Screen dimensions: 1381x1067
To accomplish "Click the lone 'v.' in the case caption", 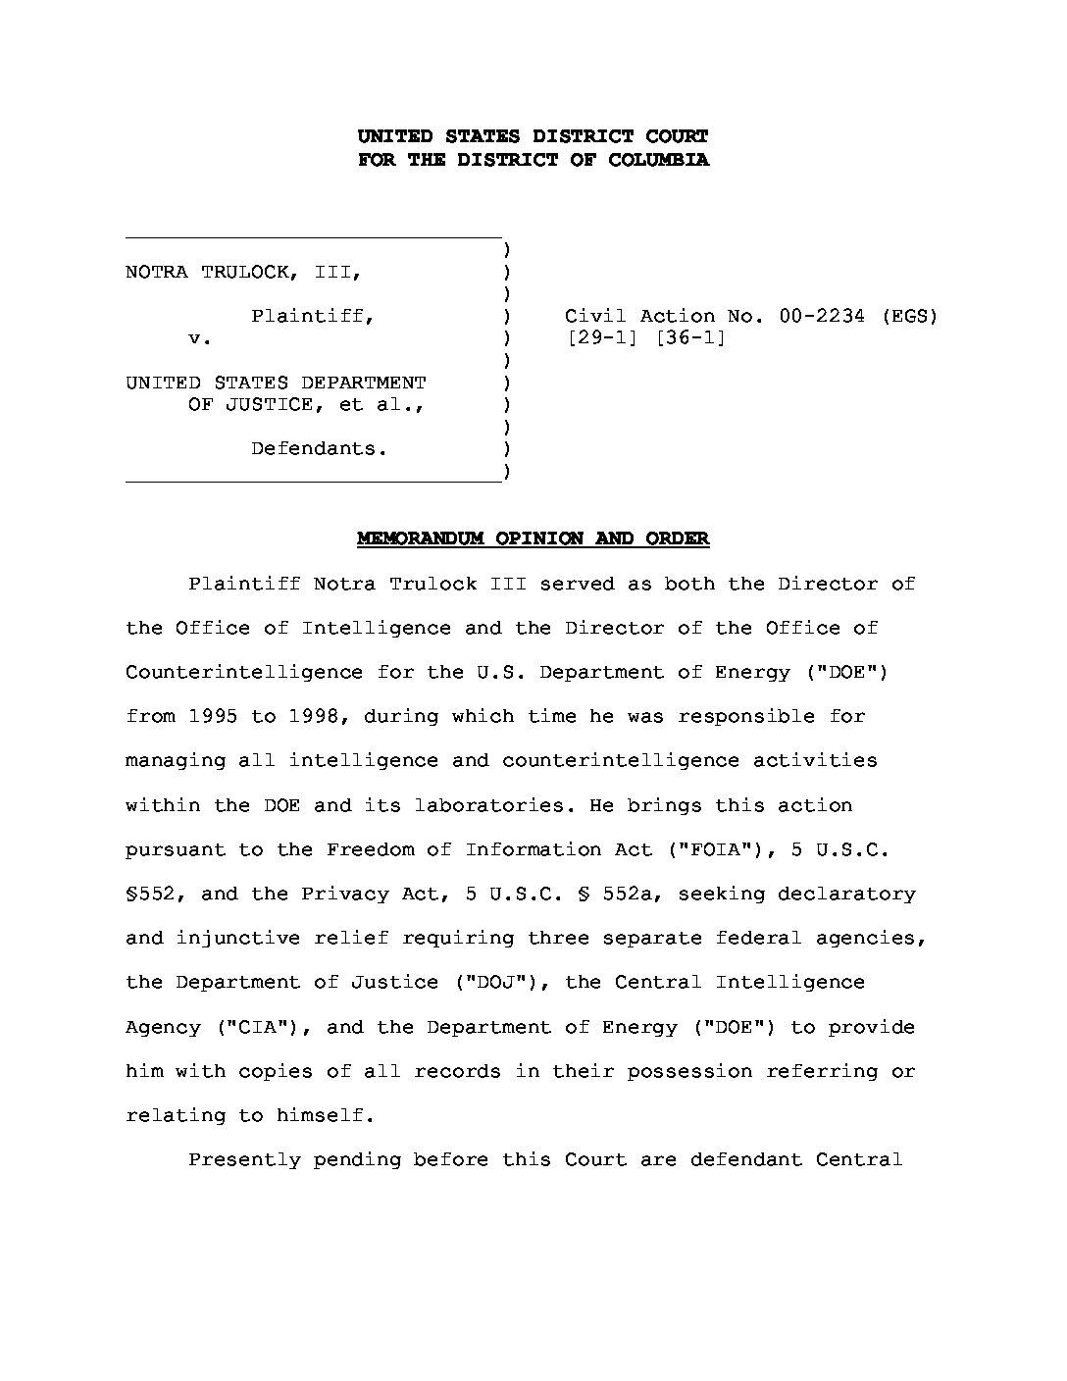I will click(x=200, y=338).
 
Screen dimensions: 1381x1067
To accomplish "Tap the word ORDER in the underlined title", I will click(x=677, y=538).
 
